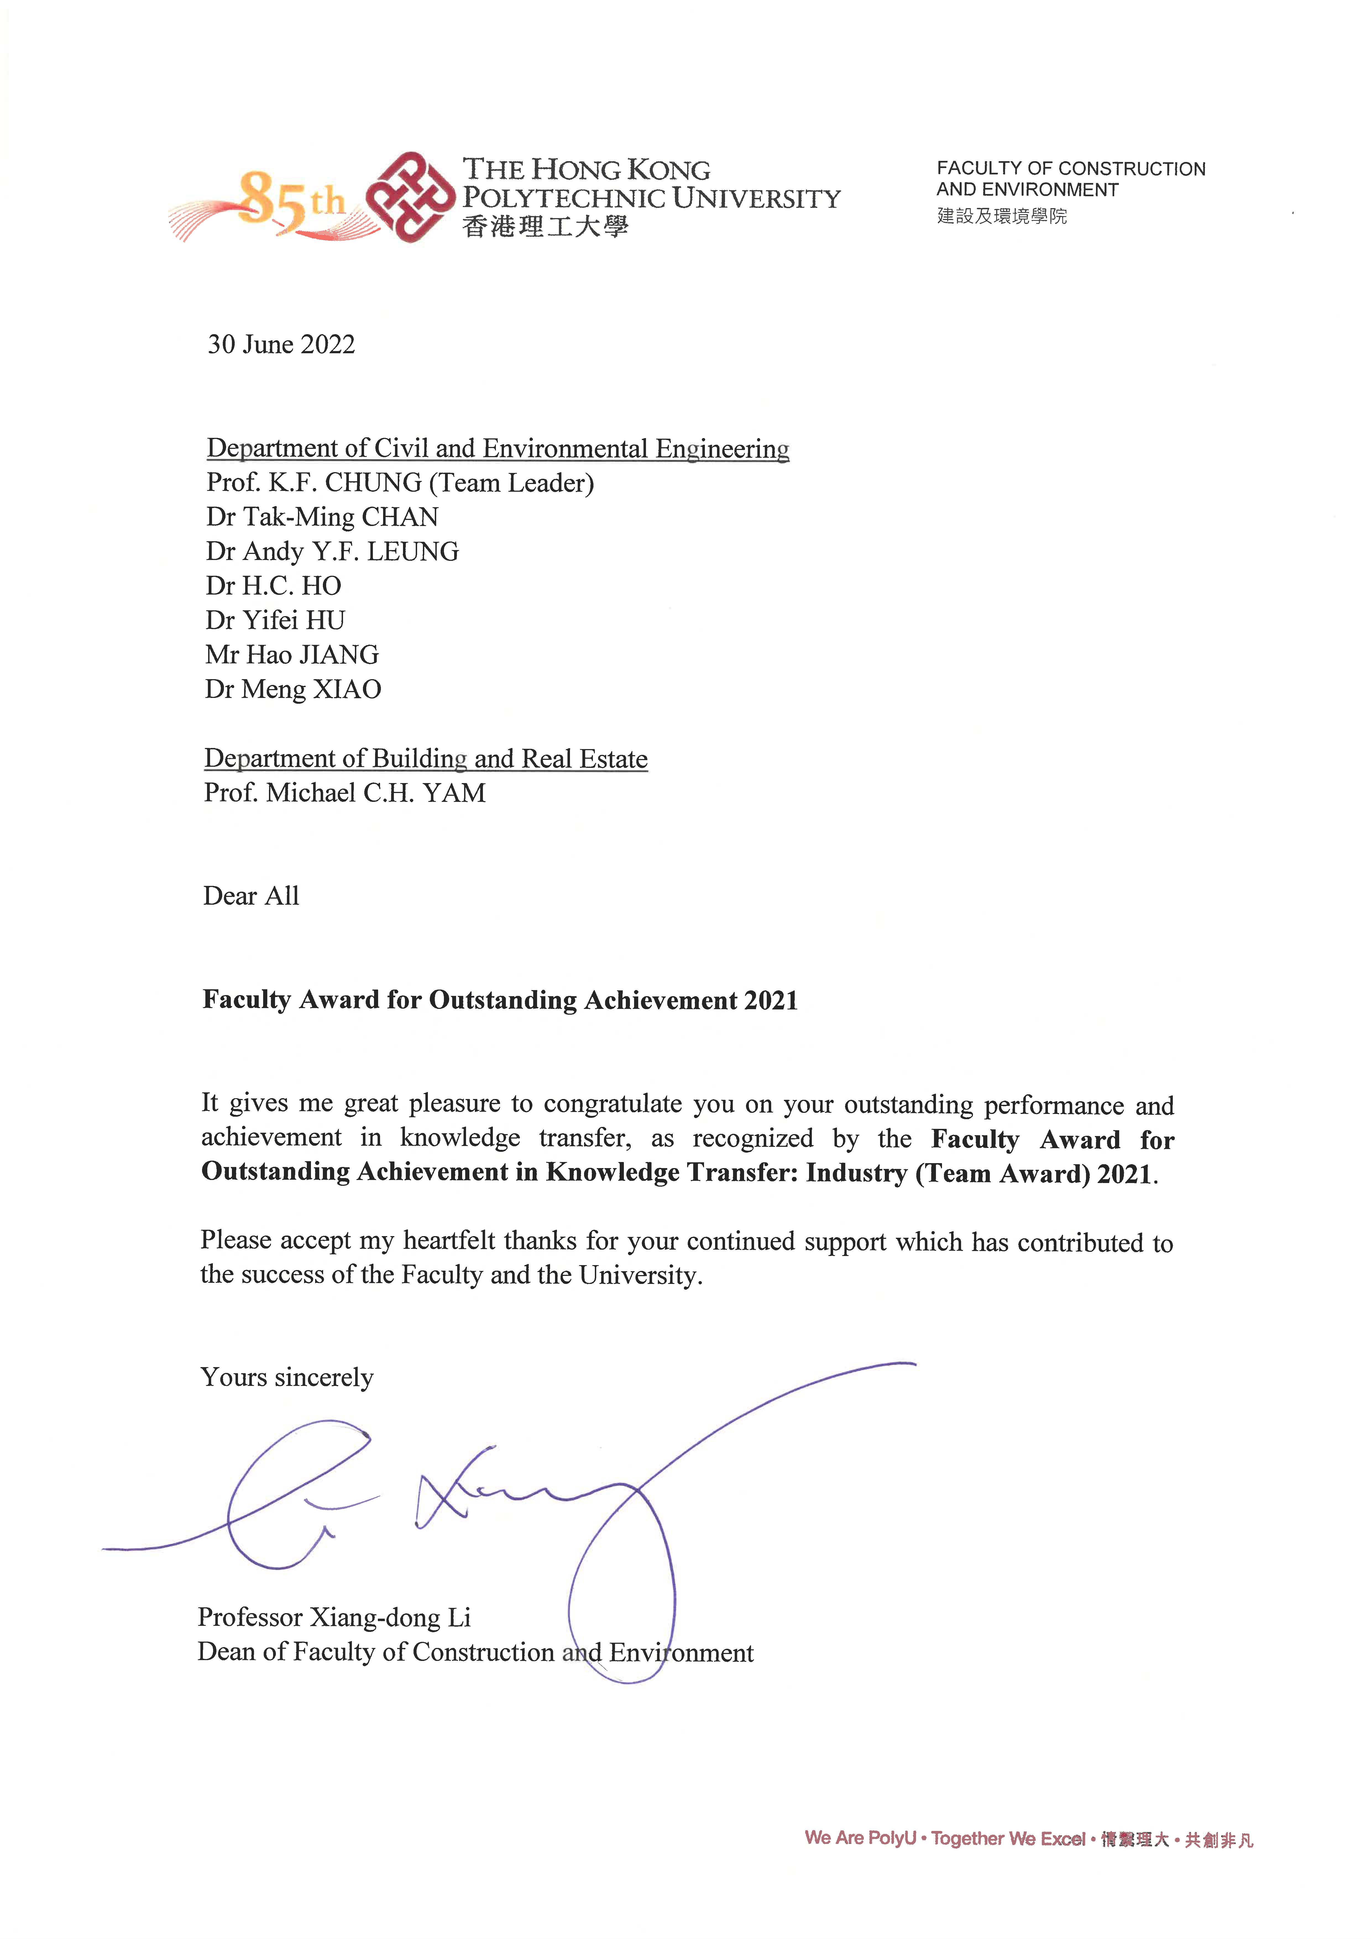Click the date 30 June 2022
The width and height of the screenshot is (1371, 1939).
(x=281, y=345)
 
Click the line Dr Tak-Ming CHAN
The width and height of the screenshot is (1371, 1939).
(x=322, y=517)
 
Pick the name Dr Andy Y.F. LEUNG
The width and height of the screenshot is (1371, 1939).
(x=332, y=551)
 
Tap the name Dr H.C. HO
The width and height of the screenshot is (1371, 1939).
(x=274, y=586)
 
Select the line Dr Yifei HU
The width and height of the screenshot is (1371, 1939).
(x=275, y=621)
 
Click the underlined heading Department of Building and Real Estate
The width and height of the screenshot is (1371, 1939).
(x=426, y=758)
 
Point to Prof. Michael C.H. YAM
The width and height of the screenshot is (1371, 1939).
(x=345, y=793)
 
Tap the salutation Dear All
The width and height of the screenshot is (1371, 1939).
(x=251, y=896)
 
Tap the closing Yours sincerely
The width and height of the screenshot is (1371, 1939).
(x=287, y=1377)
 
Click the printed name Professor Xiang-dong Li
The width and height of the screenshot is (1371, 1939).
(x=334, y=1617)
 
